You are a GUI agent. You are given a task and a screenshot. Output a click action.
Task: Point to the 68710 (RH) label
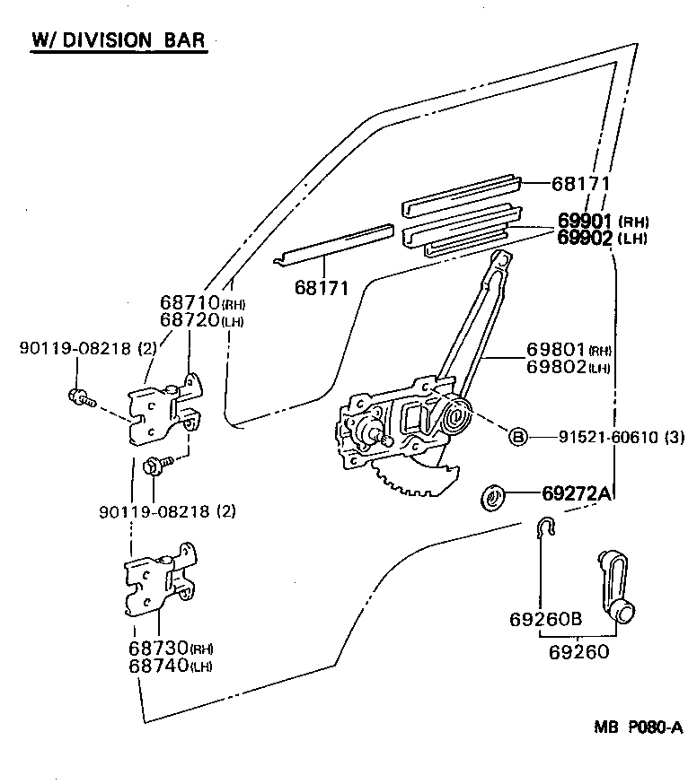(202, 303)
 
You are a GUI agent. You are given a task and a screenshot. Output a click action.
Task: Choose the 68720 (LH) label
(202, 320)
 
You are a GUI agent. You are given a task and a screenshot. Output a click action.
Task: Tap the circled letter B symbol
(518, 437)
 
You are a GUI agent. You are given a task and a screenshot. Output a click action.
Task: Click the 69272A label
(577, 493)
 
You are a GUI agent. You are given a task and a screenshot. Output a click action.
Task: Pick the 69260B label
(546, 620)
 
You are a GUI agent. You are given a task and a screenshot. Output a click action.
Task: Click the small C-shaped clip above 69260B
(545, 529)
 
